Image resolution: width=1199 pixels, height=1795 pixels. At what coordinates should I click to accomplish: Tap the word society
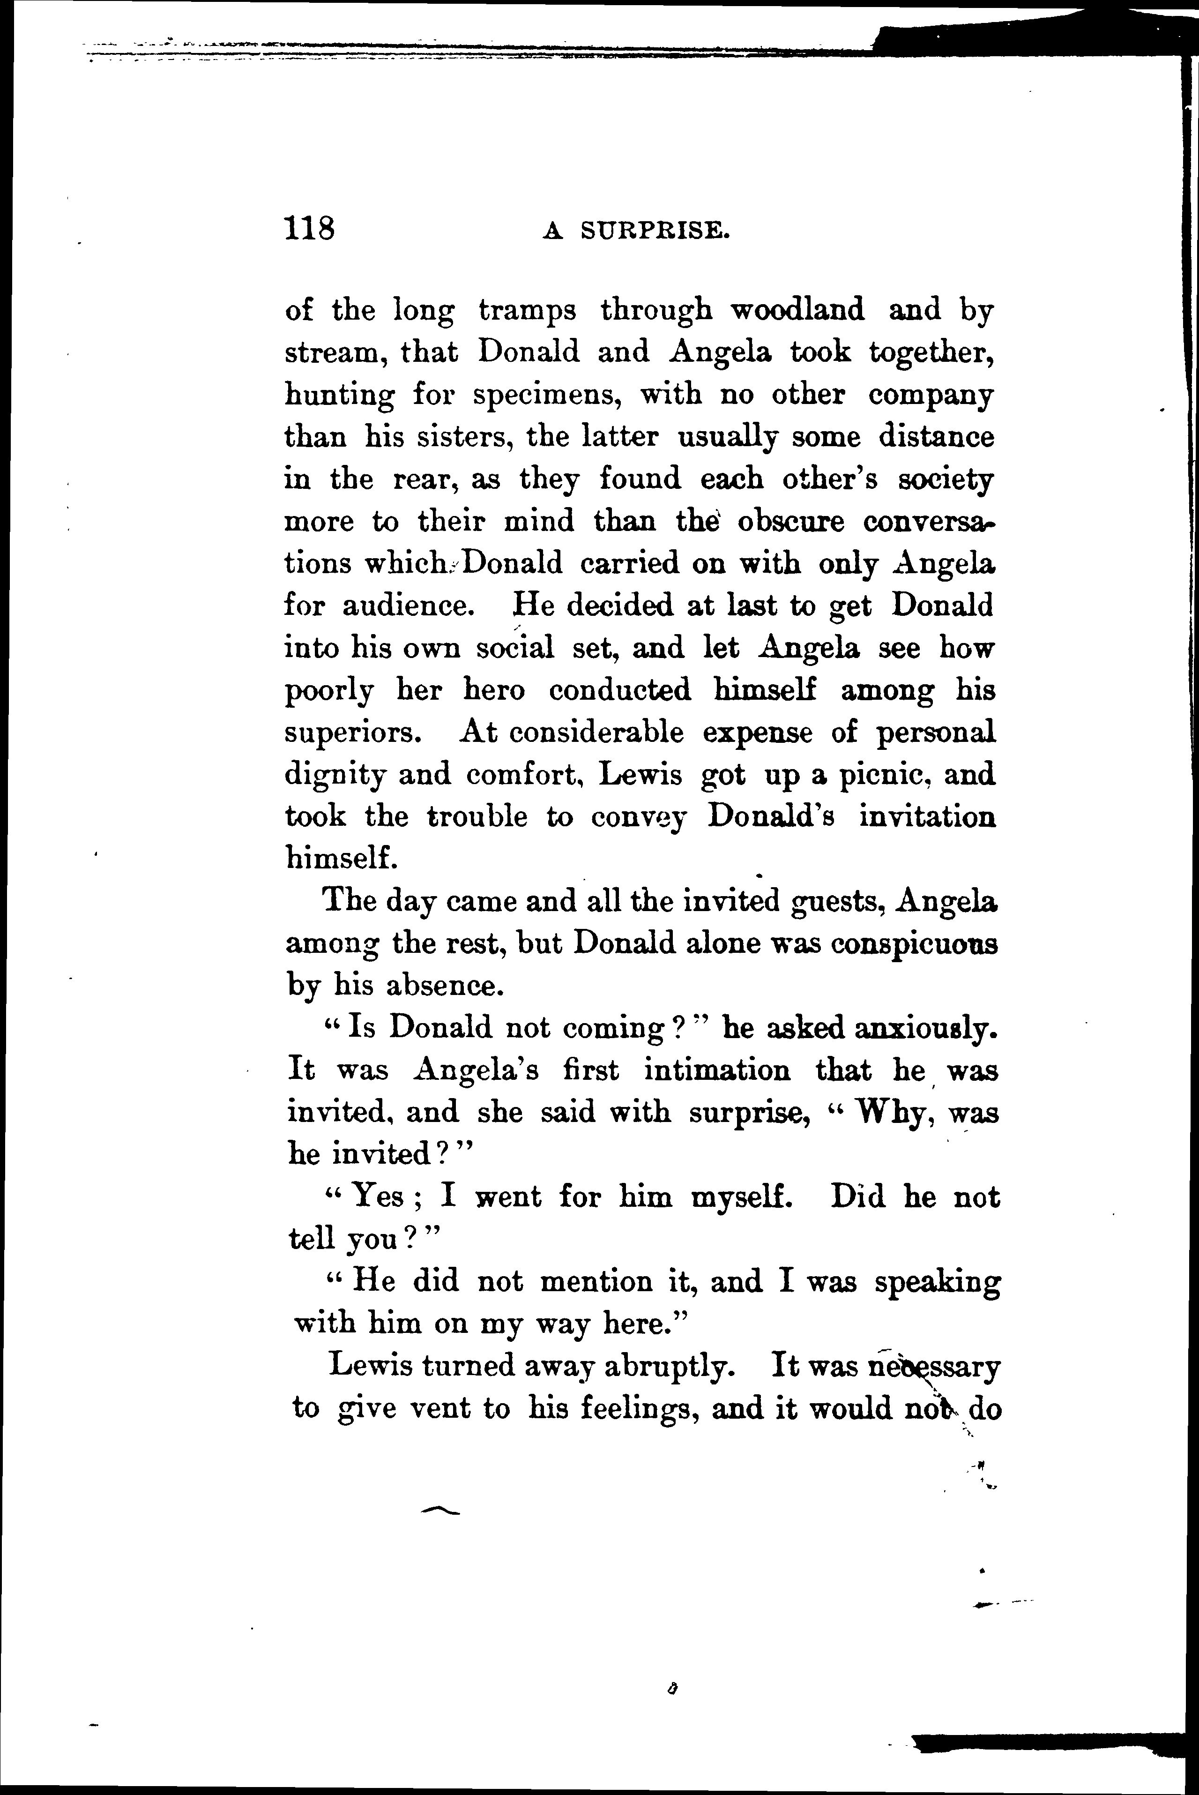[x=946, y=479]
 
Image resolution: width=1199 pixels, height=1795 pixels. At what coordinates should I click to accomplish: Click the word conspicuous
[x=915, y=943]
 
